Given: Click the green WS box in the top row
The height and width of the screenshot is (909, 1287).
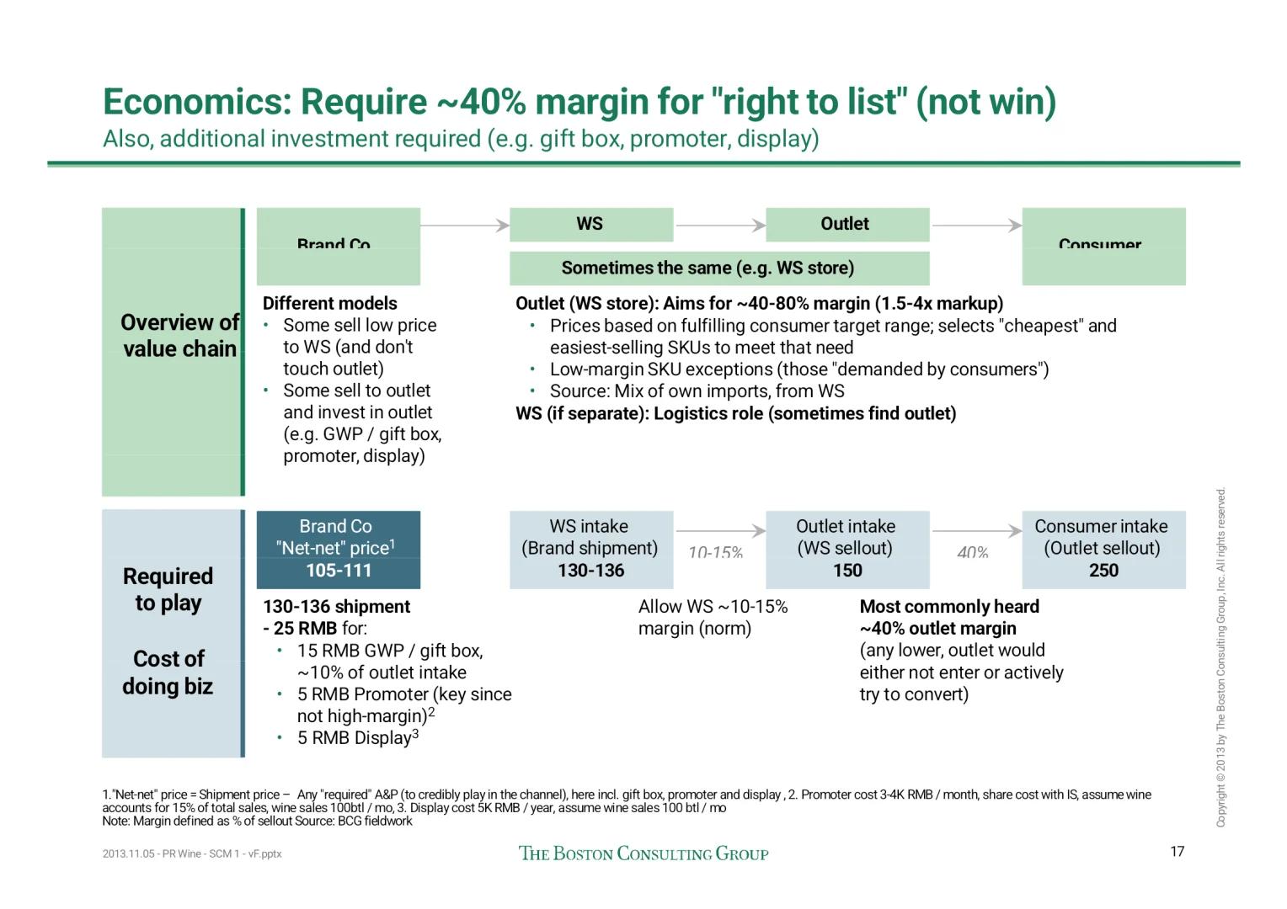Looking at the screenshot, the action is tap(590, 224).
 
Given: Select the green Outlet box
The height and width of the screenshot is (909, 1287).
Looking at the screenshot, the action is tap(846, 224).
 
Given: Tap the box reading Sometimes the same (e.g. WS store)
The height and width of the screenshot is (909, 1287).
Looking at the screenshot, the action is tap(718, 268).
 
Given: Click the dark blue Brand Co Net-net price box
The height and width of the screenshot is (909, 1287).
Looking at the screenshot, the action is tap(338, 549).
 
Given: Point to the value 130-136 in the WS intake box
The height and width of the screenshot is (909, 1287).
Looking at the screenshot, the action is tap(590, 571).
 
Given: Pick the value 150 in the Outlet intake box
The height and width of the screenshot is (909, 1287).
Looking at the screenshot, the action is tap(847, 571).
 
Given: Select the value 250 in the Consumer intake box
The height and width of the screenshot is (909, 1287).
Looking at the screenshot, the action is tap(1103, 571).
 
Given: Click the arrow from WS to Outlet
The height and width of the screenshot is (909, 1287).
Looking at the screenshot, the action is tap(720, 225).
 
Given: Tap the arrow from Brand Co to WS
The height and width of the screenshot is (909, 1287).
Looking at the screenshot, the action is tap(464, 225).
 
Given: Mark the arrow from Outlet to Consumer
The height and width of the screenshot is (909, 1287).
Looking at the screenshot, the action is tap(976, 225).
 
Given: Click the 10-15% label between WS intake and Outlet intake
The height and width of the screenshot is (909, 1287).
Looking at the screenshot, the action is tap(715, 552).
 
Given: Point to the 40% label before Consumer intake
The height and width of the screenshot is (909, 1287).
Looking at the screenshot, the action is tap(972, 552).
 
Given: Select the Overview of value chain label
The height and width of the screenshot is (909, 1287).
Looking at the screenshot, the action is tap(179, 336).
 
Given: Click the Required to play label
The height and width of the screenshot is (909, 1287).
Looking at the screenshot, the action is tap(168, 589).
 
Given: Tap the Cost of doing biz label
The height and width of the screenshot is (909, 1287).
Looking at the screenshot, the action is tap(168, 672).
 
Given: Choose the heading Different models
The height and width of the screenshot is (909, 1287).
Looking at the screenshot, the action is tap(329, 304).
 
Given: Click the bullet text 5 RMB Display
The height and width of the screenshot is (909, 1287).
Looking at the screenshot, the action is tap(357, 738).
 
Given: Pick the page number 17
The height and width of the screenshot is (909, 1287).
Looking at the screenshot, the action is tap(1177, 851).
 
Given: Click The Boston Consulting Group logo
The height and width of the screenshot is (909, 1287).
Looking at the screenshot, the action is tap(643, 853).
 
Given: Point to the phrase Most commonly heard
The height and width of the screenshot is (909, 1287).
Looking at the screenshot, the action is tap(949, 607).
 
